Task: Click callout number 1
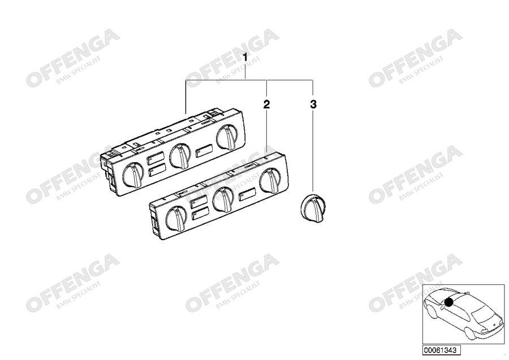245,58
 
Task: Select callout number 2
266,104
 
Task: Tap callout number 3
313,104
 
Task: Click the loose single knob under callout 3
312,207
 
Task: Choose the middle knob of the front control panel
223,199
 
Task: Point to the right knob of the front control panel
271,180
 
